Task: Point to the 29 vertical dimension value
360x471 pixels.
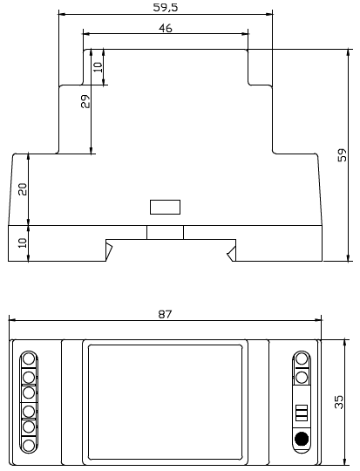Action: pos(85,102)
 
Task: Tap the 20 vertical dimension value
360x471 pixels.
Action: pos(23,188)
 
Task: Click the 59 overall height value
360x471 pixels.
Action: pos(343,156)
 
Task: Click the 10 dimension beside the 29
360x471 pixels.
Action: pos(98,65)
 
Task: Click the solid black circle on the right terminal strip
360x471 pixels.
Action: pos(302,440)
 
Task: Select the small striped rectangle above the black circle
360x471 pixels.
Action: pos(302,413)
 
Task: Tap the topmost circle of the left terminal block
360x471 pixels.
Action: pos(29,358)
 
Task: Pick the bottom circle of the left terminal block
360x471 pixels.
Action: pos(29,446)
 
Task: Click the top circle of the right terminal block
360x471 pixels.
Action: pos(302,358)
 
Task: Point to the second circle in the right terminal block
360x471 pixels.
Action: pos(302,376)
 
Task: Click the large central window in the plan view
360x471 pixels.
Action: pos(165,400)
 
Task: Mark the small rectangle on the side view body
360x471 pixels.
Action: pos(165,207)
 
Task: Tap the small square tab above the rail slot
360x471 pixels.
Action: pos(165,232)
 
